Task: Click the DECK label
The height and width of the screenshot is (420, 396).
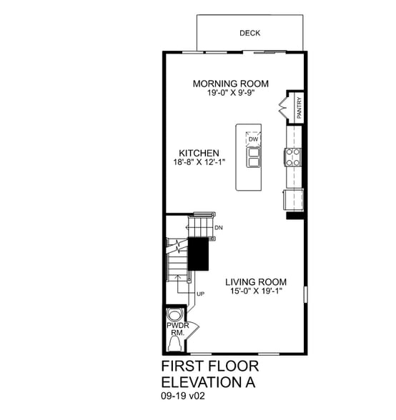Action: (249, 33)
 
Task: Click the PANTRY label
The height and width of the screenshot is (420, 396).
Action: (298, 109)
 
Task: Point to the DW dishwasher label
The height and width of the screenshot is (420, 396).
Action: (253, 139)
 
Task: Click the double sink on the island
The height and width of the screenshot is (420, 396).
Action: (253, 157)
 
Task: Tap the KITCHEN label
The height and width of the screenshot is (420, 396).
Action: (199, 153)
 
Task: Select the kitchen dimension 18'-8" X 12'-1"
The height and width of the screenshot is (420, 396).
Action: (199, 162)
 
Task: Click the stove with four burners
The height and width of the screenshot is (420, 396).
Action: (293, 156)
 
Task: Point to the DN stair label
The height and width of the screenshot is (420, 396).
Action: (219, 228)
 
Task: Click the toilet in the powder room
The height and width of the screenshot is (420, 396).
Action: (174, 314)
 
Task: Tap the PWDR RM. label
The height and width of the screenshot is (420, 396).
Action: (176, 329)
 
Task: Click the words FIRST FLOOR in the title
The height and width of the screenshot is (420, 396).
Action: (209, 366)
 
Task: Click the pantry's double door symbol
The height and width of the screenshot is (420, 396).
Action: (282, 108)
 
